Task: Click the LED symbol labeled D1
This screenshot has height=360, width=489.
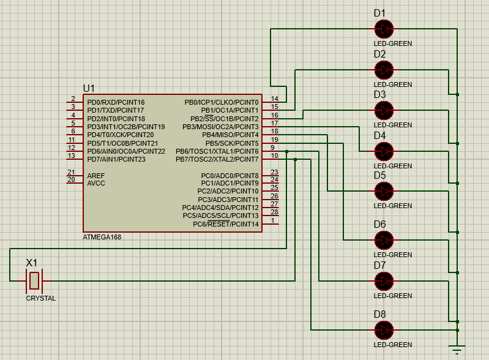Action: coord(384,28)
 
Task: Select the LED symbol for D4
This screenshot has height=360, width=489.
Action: coord(384,151)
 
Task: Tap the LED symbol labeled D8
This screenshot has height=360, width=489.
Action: coord(384,330)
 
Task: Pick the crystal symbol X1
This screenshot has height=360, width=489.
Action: coord(34,281)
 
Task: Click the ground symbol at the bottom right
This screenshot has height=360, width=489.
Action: coord(457,350)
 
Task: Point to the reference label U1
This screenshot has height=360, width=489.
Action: coord(89,88)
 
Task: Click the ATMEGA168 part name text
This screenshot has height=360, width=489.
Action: coord(102,237)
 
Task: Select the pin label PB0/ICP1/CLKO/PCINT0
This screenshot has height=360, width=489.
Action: coord(222,102)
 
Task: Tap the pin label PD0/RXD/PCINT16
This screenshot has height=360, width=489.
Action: coord(116,102)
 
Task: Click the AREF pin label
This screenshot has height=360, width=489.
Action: coord(96,175)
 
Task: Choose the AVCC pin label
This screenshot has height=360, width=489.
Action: coord(96,183)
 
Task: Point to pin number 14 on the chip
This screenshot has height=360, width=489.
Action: coord(275,99)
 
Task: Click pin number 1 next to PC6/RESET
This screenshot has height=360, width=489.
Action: coord(273,220)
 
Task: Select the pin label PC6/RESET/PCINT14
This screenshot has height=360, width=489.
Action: coord(226,224)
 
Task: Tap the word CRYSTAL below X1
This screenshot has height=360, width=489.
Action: coord(40,299)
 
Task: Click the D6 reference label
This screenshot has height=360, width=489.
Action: coord(380,224)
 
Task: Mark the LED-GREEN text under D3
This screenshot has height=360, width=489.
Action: coord(392,125)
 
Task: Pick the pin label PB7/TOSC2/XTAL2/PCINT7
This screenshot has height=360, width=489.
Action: coord(218,159)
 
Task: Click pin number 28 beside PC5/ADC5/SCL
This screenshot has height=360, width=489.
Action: coord(275,212)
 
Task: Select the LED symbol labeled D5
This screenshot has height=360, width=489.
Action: coord(384,191)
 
